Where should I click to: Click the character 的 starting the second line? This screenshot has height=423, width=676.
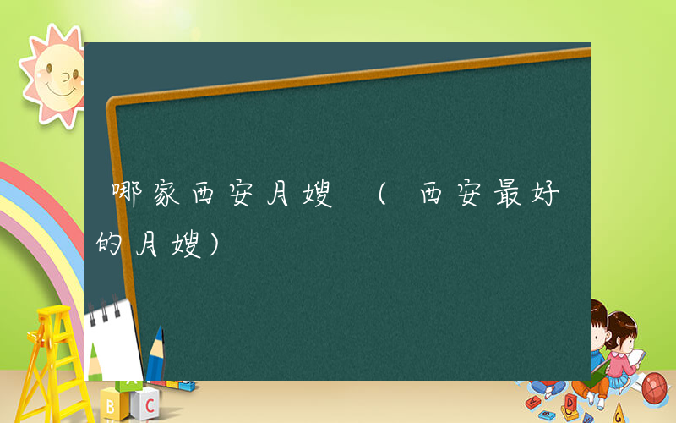coord(111,244)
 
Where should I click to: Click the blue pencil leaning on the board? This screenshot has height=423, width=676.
coord(155,355)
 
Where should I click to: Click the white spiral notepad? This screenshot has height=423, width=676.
coord(114,338)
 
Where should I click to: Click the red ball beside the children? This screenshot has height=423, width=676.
coord(655,388)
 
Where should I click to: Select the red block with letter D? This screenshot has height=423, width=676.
coord(571,401)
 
